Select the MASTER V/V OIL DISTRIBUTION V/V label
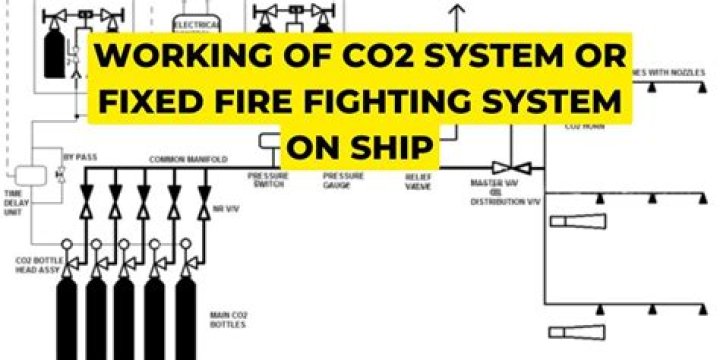[505, 192]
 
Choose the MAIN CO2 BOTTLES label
[229, 319]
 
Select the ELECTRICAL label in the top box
[196, 22]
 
